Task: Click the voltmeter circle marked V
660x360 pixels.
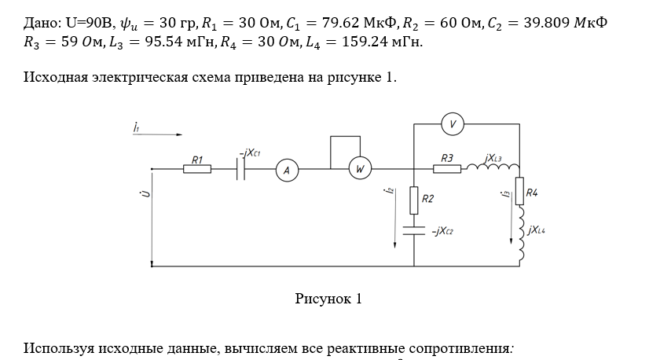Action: [x=452, y=124]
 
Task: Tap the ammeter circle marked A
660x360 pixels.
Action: [x=287, y=170]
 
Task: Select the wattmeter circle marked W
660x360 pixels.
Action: [x=360, y=169]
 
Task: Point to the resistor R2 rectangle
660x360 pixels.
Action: [x=413, y=200]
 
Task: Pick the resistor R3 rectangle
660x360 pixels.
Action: [x=447, y=168]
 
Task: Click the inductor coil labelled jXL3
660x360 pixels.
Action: [x=493, y=167]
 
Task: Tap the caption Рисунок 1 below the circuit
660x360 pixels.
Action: [x=328, y=299]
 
